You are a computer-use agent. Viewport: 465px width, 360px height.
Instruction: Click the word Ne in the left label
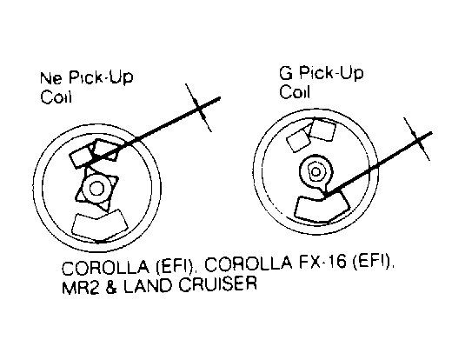point(51,77)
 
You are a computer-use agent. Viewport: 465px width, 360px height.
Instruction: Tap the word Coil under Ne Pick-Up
point(56,97)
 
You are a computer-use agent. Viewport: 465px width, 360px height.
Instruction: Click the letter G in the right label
point(286,73)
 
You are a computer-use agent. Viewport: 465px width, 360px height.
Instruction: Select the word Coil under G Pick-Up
point(295,91)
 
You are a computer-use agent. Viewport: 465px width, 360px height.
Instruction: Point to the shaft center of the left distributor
point(96,188)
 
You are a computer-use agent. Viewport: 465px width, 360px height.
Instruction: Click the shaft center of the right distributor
point(316,171)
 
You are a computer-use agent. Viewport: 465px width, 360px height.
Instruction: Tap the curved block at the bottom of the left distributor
point(100,224)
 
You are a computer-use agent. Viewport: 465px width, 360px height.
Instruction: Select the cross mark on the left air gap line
point(199,108)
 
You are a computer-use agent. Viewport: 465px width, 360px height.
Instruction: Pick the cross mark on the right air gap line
point(416,139)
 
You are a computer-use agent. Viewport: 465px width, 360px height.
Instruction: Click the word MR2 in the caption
point(80,285)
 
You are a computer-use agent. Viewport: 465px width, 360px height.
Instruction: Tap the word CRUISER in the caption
point(217,284)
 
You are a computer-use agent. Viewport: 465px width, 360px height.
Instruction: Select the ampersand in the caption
point(111,285)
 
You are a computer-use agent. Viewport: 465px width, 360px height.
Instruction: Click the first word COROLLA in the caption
point(106,267)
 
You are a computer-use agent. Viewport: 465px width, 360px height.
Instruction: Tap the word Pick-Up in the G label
point(331,73)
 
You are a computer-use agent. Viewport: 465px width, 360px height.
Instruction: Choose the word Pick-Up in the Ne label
point(101,77)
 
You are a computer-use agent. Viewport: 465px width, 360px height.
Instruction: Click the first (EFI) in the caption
point(176,266)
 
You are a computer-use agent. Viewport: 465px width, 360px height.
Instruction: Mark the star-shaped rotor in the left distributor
point(96,188)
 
